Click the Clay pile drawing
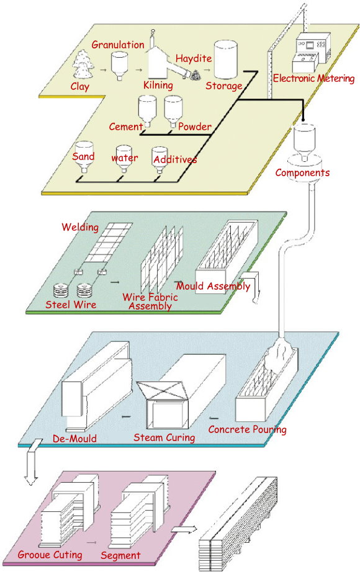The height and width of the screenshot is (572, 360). (84, 65)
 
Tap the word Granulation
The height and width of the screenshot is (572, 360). (118, 45)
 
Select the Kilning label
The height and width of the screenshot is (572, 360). (158, 86)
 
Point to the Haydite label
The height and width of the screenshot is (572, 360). (194, 58)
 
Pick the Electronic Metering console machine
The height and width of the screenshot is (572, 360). (312, 53)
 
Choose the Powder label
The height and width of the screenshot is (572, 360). (195, 127)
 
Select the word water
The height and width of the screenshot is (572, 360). (125, 158)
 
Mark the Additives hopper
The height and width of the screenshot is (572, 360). (160, 160)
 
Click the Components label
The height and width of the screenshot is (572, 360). (302, 172)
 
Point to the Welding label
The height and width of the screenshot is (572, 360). (80, 227)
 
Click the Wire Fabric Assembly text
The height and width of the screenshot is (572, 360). (150, 302)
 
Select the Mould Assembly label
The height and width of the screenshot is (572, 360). (214, 285)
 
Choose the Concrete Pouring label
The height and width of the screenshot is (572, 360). (247, 429)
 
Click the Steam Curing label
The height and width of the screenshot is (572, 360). (164, 437)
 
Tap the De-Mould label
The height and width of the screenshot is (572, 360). (75, 438)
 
